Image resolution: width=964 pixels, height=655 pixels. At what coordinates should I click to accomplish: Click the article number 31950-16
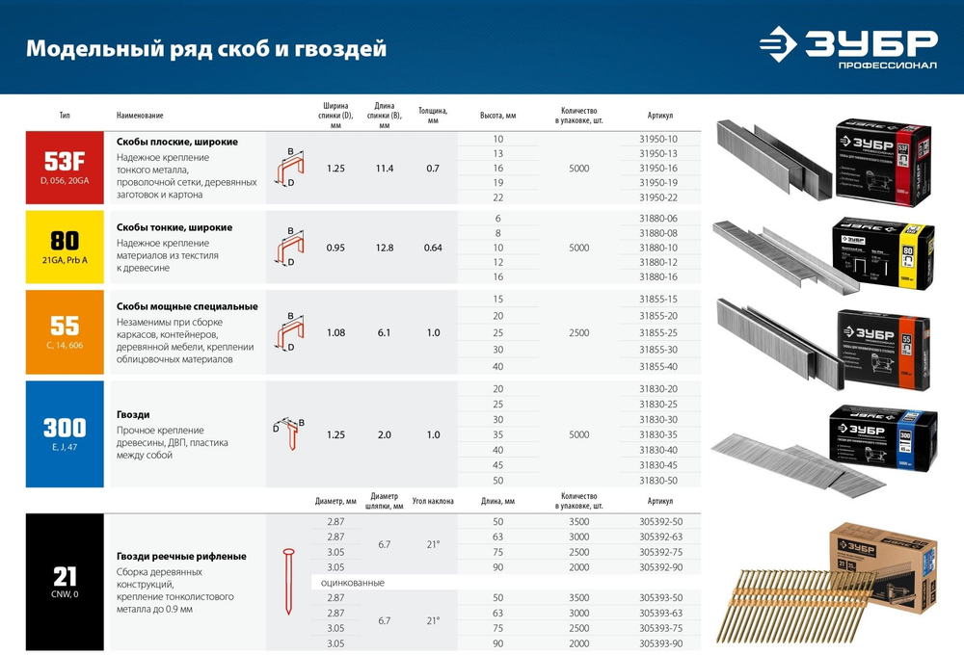tap(658, 168)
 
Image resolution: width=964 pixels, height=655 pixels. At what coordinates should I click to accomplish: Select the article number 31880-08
tap(658, 233)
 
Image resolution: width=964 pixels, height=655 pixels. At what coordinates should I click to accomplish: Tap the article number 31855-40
tap(658, 365)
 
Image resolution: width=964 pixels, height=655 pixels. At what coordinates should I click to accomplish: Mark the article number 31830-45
tap(658, 465)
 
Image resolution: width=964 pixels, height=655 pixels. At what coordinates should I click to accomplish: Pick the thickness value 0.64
tap(433, 249)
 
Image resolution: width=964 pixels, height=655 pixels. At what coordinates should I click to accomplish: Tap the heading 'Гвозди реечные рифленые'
tap(181, 556)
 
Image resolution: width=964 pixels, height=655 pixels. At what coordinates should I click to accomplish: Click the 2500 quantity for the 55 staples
tap(578, 332)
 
